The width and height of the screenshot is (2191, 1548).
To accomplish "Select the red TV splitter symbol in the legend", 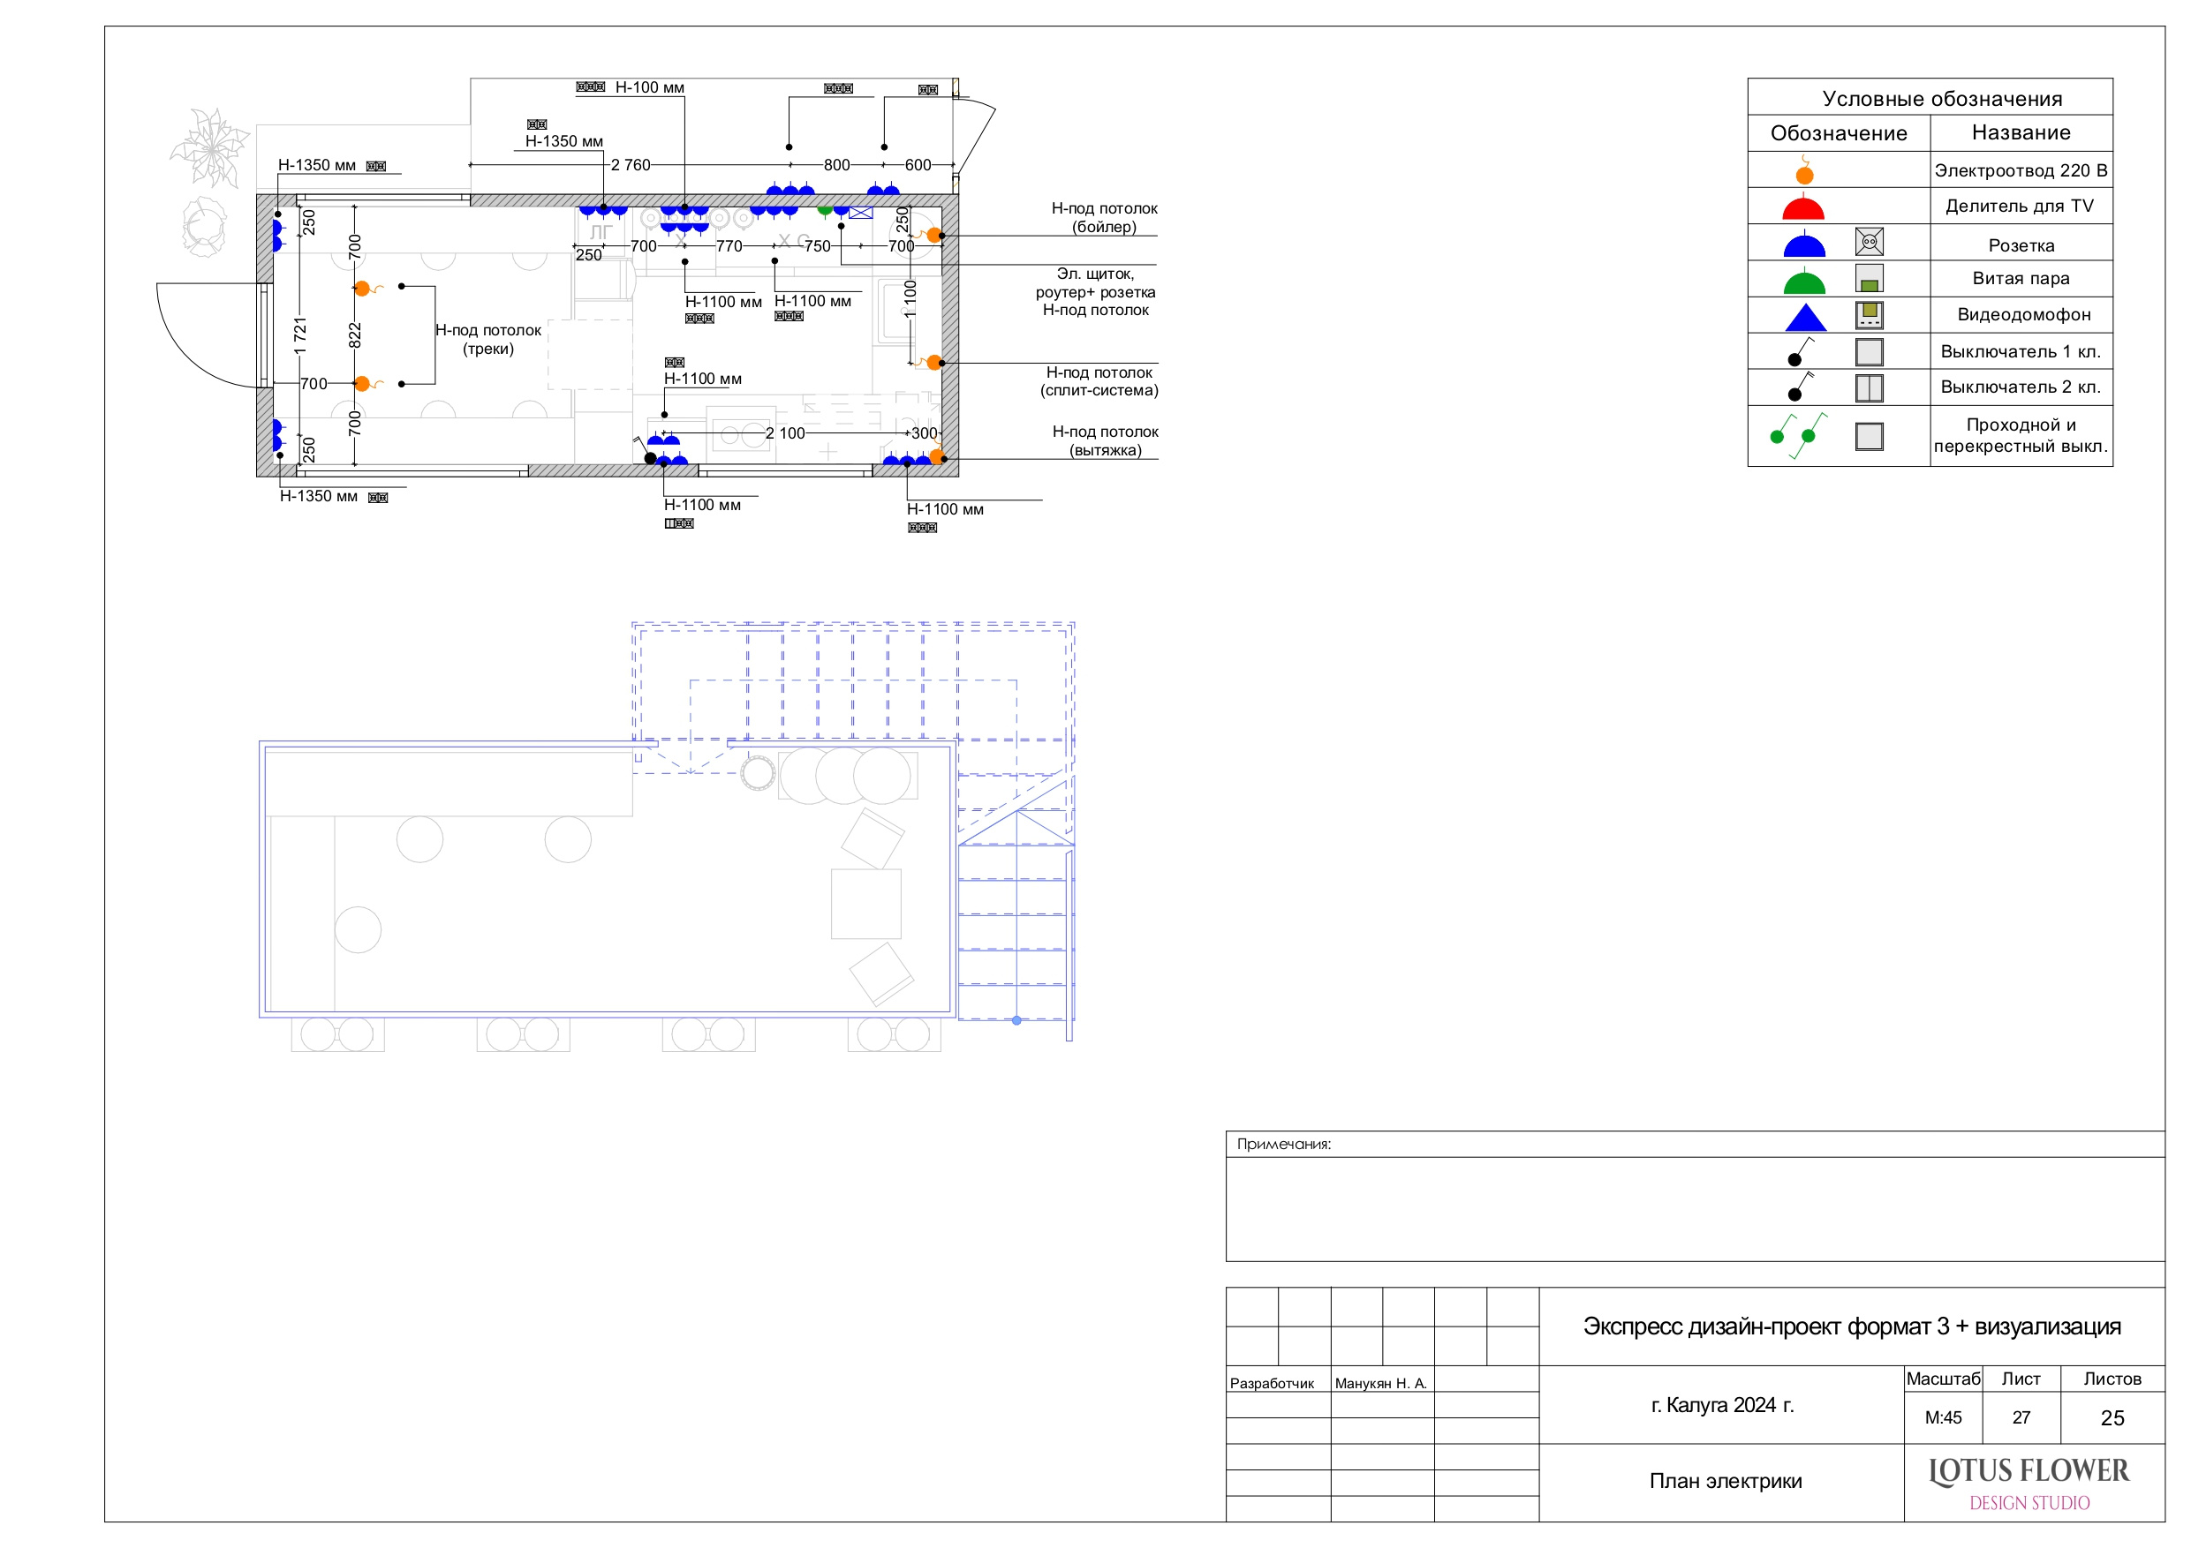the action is coord(1802,208).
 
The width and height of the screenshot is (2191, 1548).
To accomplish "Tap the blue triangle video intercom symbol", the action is coord(1804,318).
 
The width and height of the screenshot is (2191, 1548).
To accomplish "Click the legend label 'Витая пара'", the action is coord(2021,279).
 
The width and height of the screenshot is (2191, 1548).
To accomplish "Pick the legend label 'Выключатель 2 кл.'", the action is coord(2021,387).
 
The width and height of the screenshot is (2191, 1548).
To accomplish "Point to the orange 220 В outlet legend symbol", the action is coord(1803,172).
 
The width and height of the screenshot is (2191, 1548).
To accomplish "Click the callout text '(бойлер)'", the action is coord(1104,227).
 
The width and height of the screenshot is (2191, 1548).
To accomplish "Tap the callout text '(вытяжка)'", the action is coord(1105,450).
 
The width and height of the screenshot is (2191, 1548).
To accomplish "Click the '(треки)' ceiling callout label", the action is coord(487,349).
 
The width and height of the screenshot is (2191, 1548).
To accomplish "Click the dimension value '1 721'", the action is coord(300,336).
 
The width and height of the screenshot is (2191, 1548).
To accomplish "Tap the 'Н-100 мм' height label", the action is coord(649,87).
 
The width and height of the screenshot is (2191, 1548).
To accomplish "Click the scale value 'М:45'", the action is coord(1943,1417).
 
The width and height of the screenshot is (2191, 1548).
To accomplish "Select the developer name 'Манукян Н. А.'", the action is coord(1381,1383).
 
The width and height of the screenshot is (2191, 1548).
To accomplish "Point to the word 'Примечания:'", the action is coord(1283,1144).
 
